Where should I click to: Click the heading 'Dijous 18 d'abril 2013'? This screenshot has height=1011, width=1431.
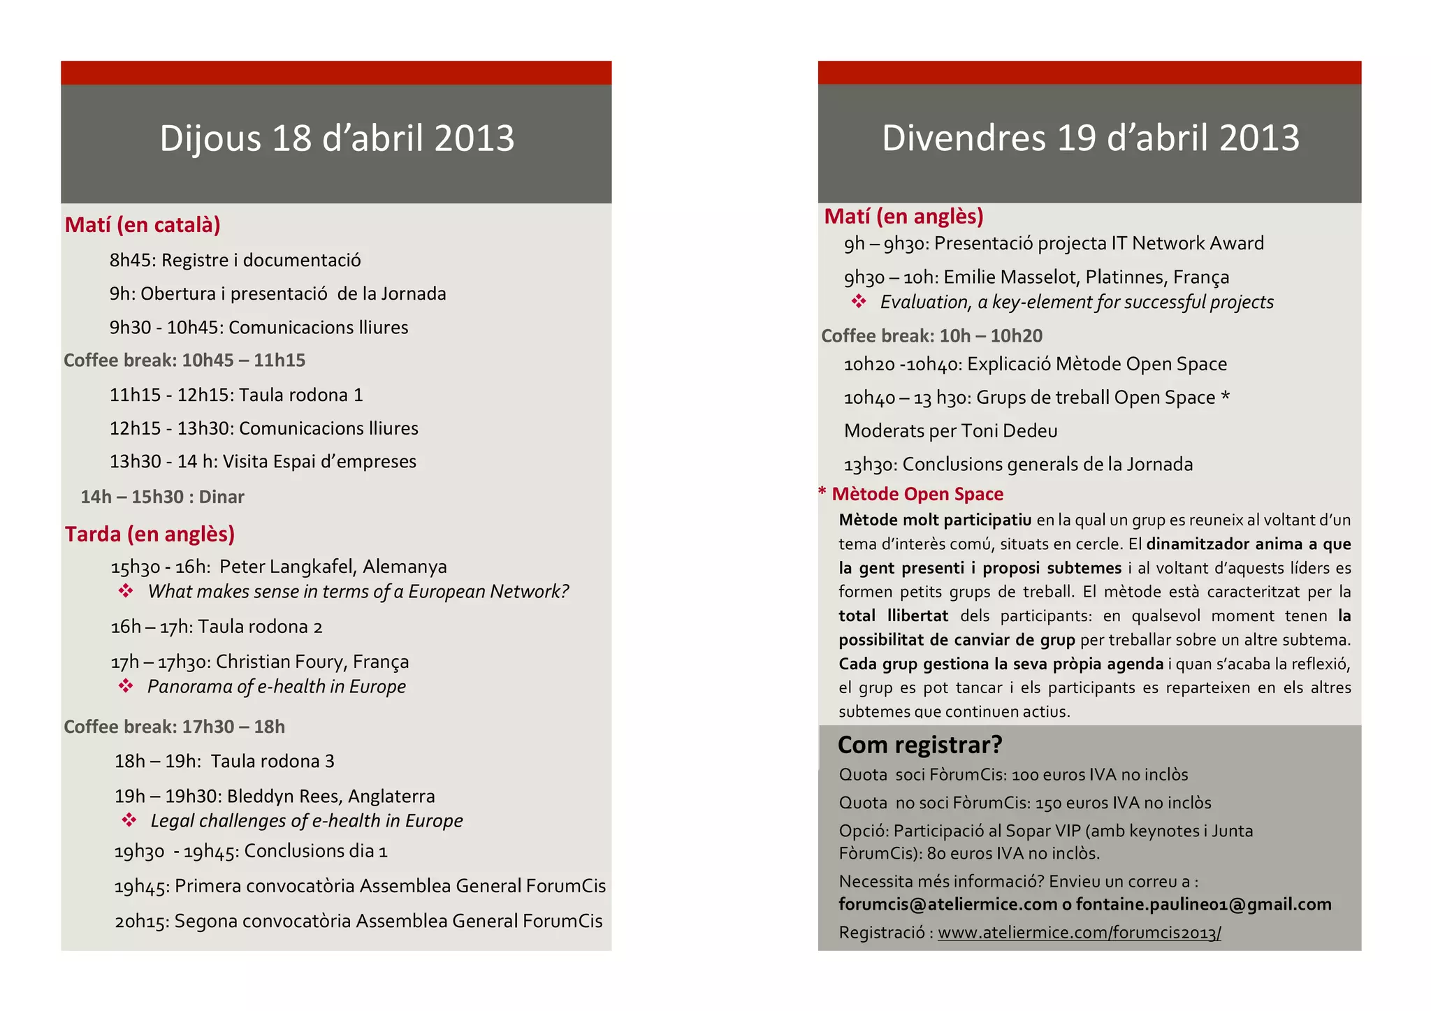coord(337,138)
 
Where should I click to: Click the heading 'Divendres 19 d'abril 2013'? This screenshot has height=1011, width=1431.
coord(1090,138)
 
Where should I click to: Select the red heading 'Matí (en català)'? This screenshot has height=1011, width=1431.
coord(143,225)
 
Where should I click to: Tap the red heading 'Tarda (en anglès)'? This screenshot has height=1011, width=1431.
coord(150,534)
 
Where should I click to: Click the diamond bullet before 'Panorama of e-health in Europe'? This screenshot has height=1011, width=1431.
coord(126,686)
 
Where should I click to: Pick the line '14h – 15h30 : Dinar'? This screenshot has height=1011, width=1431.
coord(162,497)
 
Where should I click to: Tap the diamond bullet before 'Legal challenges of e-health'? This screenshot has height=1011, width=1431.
coord(129,820)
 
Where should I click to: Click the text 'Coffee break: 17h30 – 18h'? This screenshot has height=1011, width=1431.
coord(175,727)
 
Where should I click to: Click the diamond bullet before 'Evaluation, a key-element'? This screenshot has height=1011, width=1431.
coord(859,302)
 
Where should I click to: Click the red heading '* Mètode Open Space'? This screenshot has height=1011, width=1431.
coord(911,494)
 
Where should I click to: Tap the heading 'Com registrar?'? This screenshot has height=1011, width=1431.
coord(920,745)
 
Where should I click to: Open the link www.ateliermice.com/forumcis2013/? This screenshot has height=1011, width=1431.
coord(1079,933)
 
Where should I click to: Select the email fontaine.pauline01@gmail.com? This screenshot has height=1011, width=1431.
coord(1203,905)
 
